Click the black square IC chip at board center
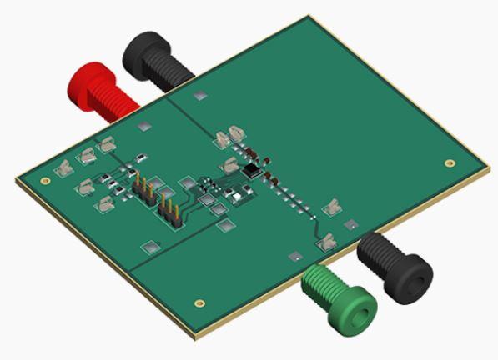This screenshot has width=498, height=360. click(251, 170)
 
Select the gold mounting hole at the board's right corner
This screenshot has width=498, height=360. click(450, 163)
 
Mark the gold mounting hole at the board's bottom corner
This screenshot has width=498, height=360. click(199, 303)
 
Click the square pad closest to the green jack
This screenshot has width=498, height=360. click(293, 256)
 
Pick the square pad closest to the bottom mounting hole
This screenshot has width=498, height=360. click(151, 246)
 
